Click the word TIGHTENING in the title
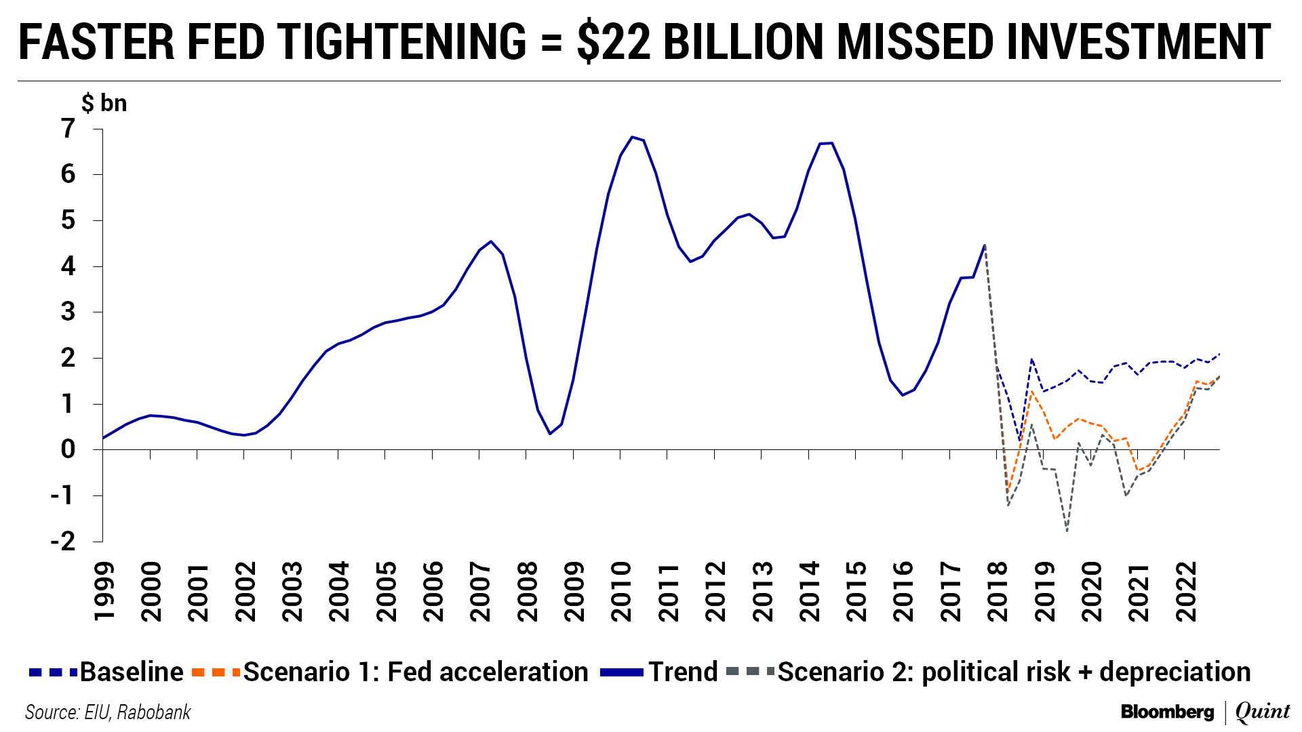pos(402,42)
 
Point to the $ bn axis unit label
pos(104,103)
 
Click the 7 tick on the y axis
pos(68,128)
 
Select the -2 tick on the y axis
pos(63,541)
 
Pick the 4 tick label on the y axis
pos(68,266)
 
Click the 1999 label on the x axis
pos(104,591)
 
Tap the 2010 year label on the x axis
pos(621,591)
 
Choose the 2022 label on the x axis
pos(1186,591)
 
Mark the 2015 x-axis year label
pos(856,591)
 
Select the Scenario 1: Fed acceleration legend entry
pos(391,672)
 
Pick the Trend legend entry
pos(659,672)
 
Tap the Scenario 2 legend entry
pos(988,672)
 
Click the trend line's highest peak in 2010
pos(632,137)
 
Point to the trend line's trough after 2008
pos(549,434)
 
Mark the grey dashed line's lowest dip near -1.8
pos(1067,531)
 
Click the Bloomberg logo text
pos(1167,712)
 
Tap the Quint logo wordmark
pos(1262,712)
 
